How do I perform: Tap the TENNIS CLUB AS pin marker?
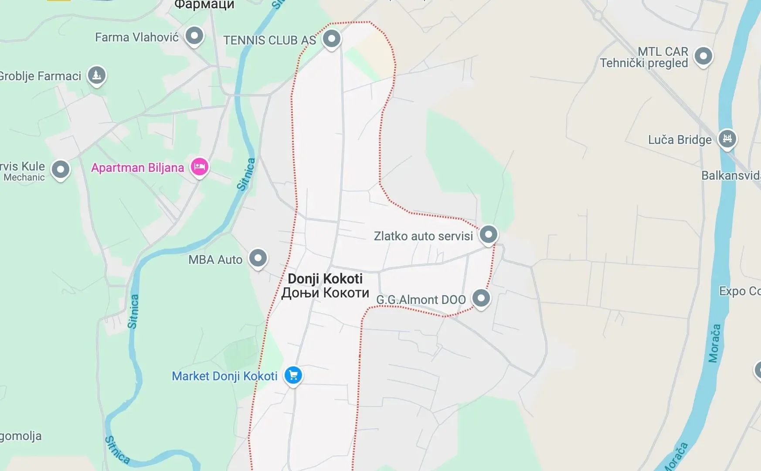tap(332, 38)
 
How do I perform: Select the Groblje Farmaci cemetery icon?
tap(97, 75)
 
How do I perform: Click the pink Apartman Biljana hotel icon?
tap(200, 167)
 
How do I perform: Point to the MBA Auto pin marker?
tap(258, 258)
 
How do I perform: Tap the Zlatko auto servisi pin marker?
tap(489, 235)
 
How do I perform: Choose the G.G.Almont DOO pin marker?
tap(481, 298)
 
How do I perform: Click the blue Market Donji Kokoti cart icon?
tap(293, 375)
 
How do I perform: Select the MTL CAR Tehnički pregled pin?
tap(703, 56)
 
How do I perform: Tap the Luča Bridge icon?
tap(727, 139)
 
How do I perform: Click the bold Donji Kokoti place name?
tap(325, 279)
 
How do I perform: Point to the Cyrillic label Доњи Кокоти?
tap(325, 293)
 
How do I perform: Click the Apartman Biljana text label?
tap(137, 168)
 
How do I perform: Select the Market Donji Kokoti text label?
tap(224, 376)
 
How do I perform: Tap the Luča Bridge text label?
tap(679, 140)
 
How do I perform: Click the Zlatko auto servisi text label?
tap(423, 236)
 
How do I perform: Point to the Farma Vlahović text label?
tap(137, 38)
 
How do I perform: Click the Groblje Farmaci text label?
tap(40, 76)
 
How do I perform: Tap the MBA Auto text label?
tap(215, 259)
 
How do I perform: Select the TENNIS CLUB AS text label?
tap(269, 40)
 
